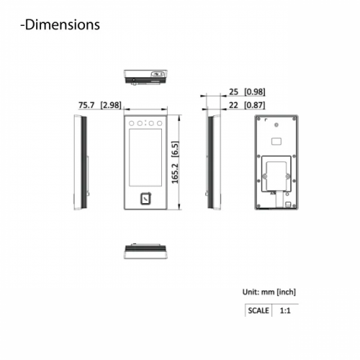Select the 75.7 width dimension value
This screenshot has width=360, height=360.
[86, 105]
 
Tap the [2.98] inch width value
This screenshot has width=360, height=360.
[110, 105]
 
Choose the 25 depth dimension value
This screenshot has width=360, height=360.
[233, 93]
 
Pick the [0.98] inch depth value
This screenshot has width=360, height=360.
[253, 93]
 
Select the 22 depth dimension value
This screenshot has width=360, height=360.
[233, 105]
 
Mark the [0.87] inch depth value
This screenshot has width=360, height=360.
[253, 105]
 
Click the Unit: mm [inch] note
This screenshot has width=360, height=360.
[269, 292]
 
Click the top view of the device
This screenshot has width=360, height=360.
[145, 76]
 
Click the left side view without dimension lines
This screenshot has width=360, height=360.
[81, 162]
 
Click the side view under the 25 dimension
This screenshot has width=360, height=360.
[211, 162]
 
